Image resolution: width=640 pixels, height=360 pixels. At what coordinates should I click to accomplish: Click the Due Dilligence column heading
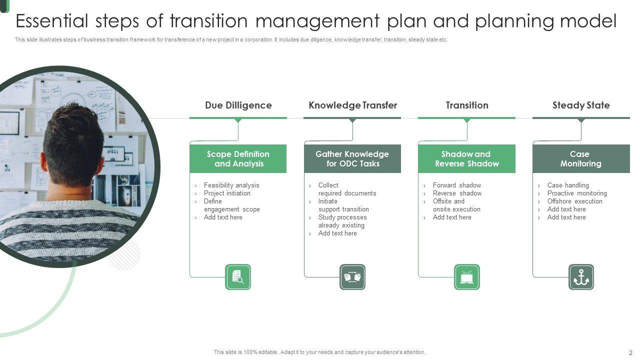click(238, 105)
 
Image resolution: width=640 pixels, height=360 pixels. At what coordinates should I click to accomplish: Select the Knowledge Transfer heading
click(352, 105)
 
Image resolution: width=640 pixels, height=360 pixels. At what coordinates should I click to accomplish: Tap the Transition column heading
click(467, 105)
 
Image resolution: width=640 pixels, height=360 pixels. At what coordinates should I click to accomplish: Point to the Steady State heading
click(581, 105)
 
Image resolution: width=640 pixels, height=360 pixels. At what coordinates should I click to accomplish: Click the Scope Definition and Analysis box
click(238, 159)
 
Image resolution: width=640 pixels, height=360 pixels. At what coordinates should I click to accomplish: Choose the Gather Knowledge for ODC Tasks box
click(352, 159)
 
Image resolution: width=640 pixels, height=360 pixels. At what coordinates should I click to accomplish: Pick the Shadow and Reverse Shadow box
click(467, 159)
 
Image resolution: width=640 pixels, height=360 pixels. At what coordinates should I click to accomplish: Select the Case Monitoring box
click(581, 159)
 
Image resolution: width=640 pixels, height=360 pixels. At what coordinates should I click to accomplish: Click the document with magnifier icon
click(238, 277)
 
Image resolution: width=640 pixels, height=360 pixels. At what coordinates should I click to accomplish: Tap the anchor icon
click(581, 277)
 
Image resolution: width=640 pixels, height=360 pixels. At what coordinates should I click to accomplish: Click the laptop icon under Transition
click(467, 277)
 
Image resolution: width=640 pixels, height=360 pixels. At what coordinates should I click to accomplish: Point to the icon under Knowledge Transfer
click(352, 277)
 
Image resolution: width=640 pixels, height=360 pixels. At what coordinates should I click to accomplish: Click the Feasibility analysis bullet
click(231, 185)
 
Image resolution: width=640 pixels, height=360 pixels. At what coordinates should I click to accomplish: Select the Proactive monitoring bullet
click(577, 193)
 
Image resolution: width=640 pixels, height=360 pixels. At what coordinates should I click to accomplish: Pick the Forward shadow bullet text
click(457, 185)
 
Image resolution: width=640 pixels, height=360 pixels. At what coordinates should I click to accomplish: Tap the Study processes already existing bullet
click(342, 221)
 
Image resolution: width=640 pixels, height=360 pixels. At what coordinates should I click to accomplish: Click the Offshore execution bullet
click(575, 201)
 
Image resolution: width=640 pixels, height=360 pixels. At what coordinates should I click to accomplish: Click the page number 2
click(630, 352)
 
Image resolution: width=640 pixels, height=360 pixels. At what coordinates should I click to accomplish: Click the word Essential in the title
click(52, 21)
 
